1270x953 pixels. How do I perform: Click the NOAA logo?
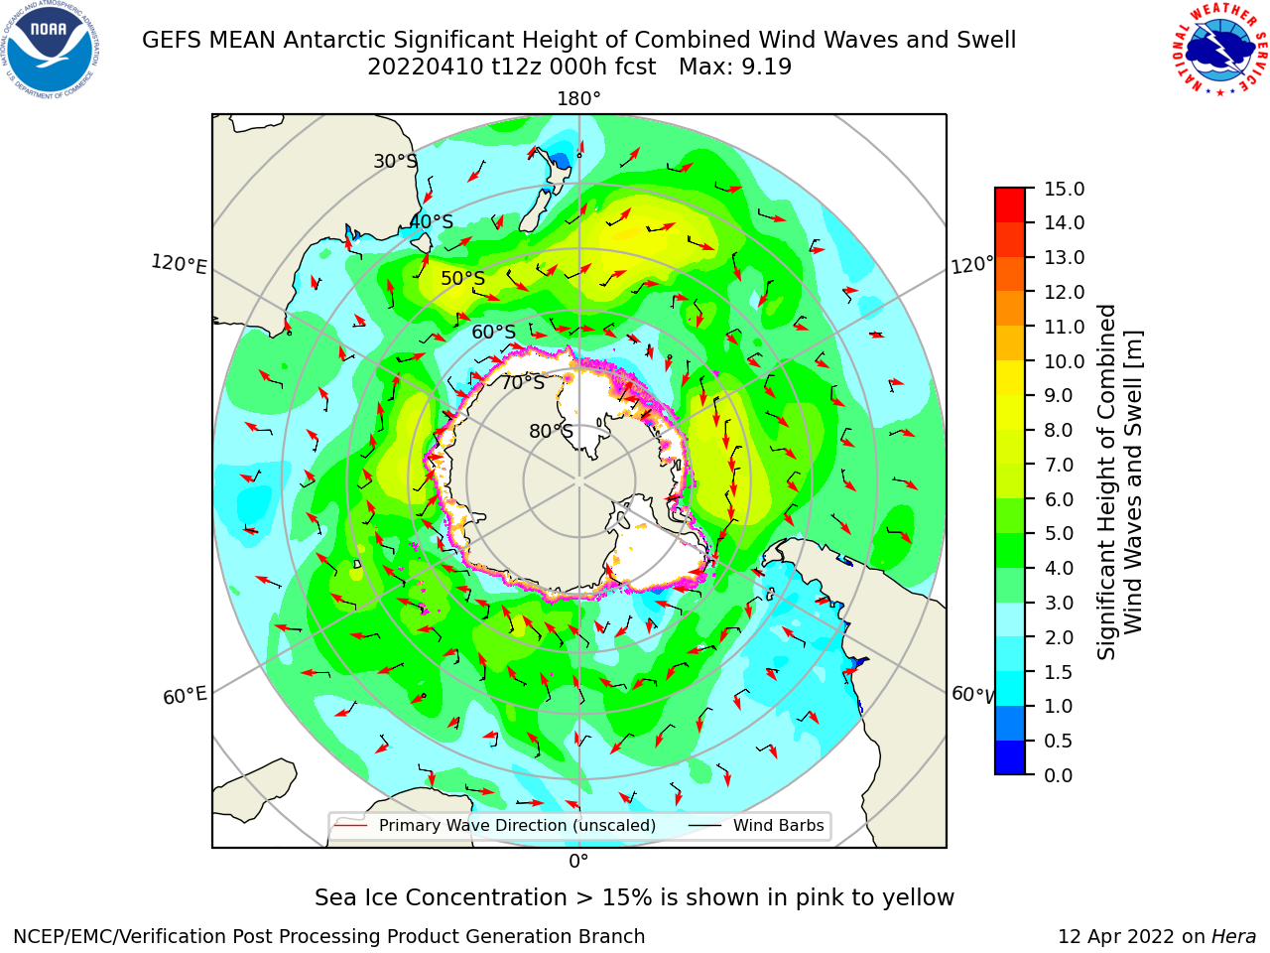[50, 51]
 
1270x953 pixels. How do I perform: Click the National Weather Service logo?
[1219, 50]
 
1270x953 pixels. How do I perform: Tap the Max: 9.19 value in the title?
[735, 68]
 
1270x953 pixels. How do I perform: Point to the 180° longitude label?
[578, 99]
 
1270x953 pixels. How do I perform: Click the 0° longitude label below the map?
[578, 862]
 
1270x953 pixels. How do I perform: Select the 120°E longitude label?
[179, 264]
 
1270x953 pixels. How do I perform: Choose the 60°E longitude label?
[185, 695]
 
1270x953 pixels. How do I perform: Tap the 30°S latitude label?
[395, 161]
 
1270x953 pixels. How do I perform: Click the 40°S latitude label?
[432, 221]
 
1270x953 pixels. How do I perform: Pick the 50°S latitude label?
[463, 278]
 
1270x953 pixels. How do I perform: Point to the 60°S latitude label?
[493, 332]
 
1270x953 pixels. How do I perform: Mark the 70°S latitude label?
[523, 382]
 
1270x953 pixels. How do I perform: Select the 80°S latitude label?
[551, 431]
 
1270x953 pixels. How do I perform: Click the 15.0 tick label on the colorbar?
[1064, 189]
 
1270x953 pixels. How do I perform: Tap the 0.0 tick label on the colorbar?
[1059, 775]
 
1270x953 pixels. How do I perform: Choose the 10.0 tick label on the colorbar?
[1064, 361]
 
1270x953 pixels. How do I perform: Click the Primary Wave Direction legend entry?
[495, 825]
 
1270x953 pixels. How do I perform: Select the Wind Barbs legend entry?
[756, 825]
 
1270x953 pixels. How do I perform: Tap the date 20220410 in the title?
[426, 68]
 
